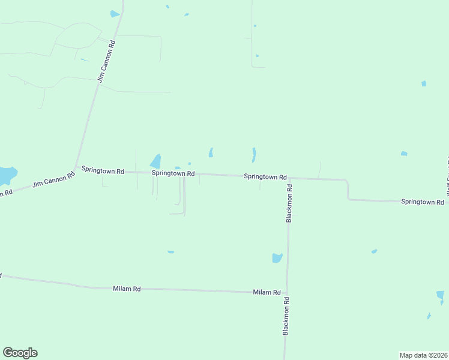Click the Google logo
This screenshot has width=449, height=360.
point(20,353)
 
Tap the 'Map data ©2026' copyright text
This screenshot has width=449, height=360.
point(423,355)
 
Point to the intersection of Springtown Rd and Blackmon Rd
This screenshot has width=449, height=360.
point(289,178)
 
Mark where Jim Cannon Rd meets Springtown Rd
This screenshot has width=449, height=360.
point(76,167)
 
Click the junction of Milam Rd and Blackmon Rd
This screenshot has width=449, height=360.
point(287,293)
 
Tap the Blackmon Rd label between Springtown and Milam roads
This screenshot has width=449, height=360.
point(289,203)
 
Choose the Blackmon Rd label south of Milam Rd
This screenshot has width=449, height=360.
point(286,316)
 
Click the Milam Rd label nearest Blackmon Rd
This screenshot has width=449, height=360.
point(267,292)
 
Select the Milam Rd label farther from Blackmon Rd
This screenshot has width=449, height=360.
point(127,289)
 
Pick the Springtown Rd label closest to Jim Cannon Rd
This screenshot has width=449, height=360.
point(103,170)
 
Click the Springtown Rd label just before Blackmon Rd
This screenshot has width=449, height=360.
point(265,177)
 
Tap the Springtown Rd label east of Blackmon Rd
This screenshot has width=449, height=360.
point(422,202)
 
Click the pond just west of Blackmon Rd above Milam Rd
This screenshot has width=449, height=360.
point(277,258)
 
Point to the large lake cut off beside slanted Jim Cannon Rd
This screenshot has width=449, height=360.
point(6,175)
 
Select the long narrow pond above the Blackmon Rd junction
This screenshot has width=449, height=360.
point(254,155)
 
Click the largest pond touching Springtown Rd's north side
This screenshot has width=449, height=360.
point(155,161)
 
